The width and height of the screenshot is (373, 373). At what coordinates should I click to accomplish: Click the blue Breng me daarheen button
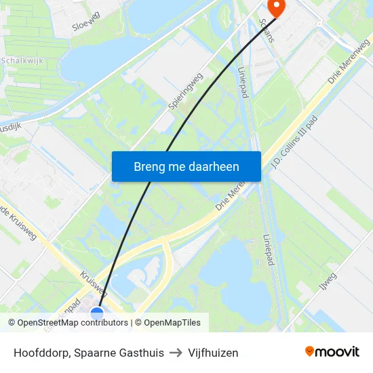pyautogui.click(x=186, y=166)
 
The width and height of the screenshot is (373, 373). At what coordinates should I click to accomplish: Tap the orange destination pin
pyautogui.click(x=277, y=7)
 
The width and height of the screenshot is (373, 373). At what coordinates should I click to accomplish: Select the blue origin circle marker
pyautogui.click(x=97, y=313)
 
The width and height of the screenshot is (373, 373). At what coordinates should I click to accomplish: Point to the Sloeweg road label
pyautogui.click(x=85, y=22)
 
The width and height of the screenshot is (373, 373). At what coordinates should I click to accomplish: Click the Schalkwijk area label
pyautogui.click(x=22, y=60)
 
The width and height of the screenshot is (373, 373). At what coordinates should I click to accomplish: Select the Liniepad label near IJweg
pyautogui.click(x=267, y=250)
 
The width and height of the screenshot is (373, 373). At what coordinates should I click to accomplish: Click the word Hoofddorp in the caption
pyautogui.click(x=42, y=353)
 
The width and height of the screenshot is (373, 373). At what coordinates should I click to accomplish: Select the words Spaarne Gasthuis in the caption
pyautogui.click(x=121, y=353)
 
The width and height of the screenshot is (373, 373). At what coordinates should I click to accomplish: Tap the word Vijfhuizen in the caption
pyautogui.click(x=214, y=353)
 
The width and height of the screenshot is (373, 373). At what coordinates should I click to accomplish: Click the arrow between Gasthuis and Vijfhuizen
pyautogui.click(x=175, y=353)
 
